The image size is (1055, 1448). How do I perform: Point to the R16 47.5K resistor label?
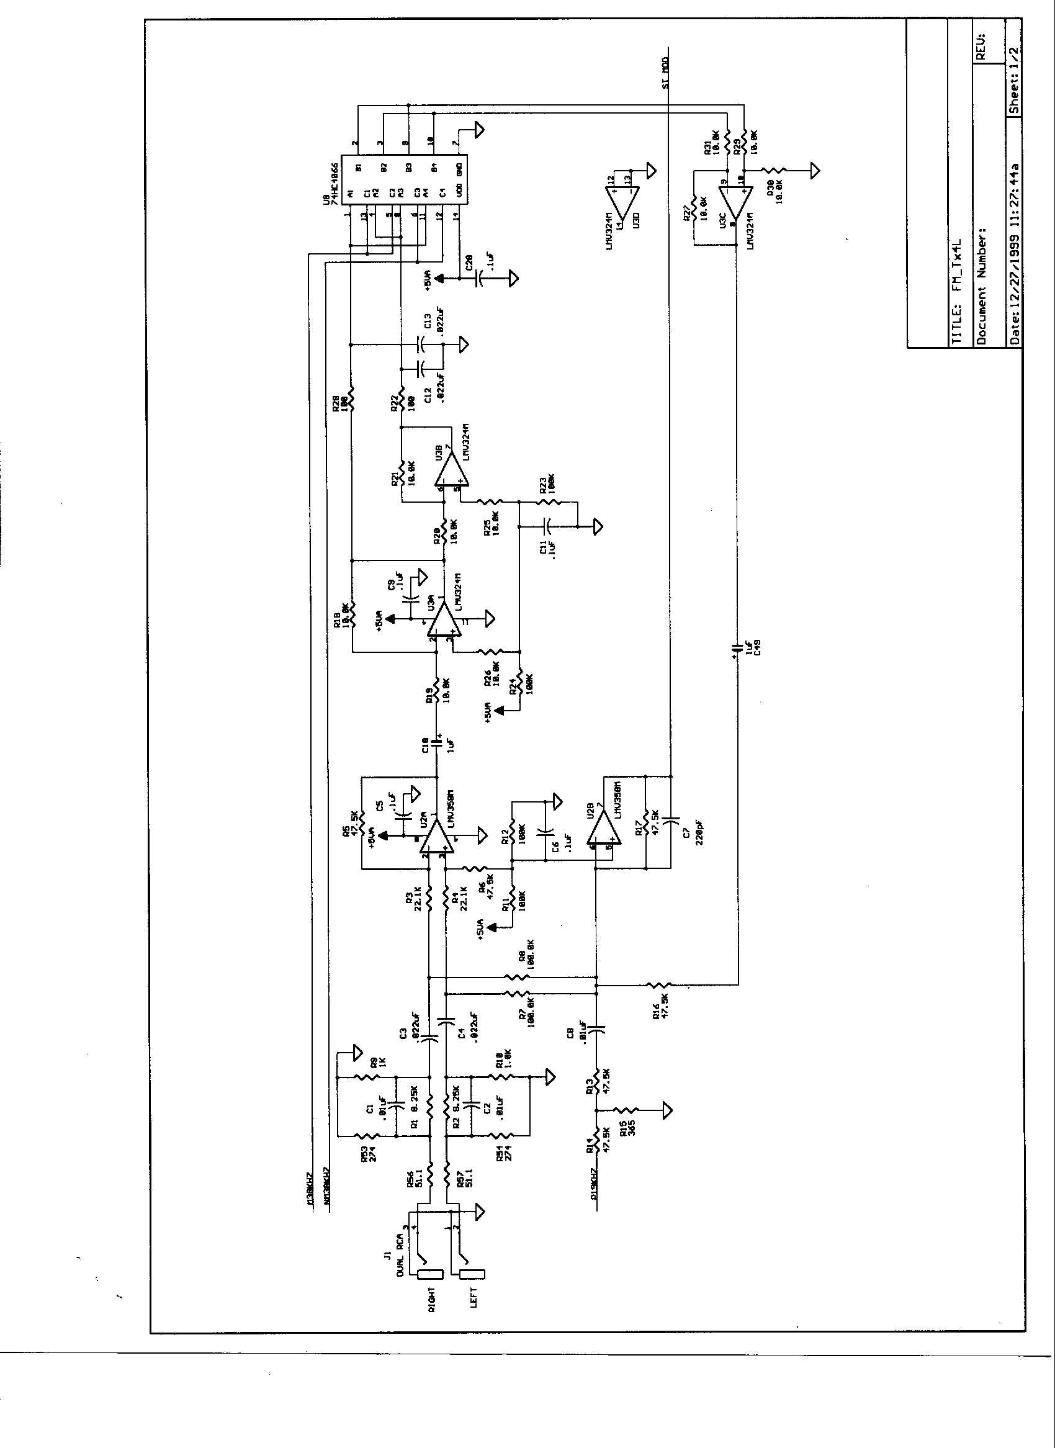(x=660, y=1008)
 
